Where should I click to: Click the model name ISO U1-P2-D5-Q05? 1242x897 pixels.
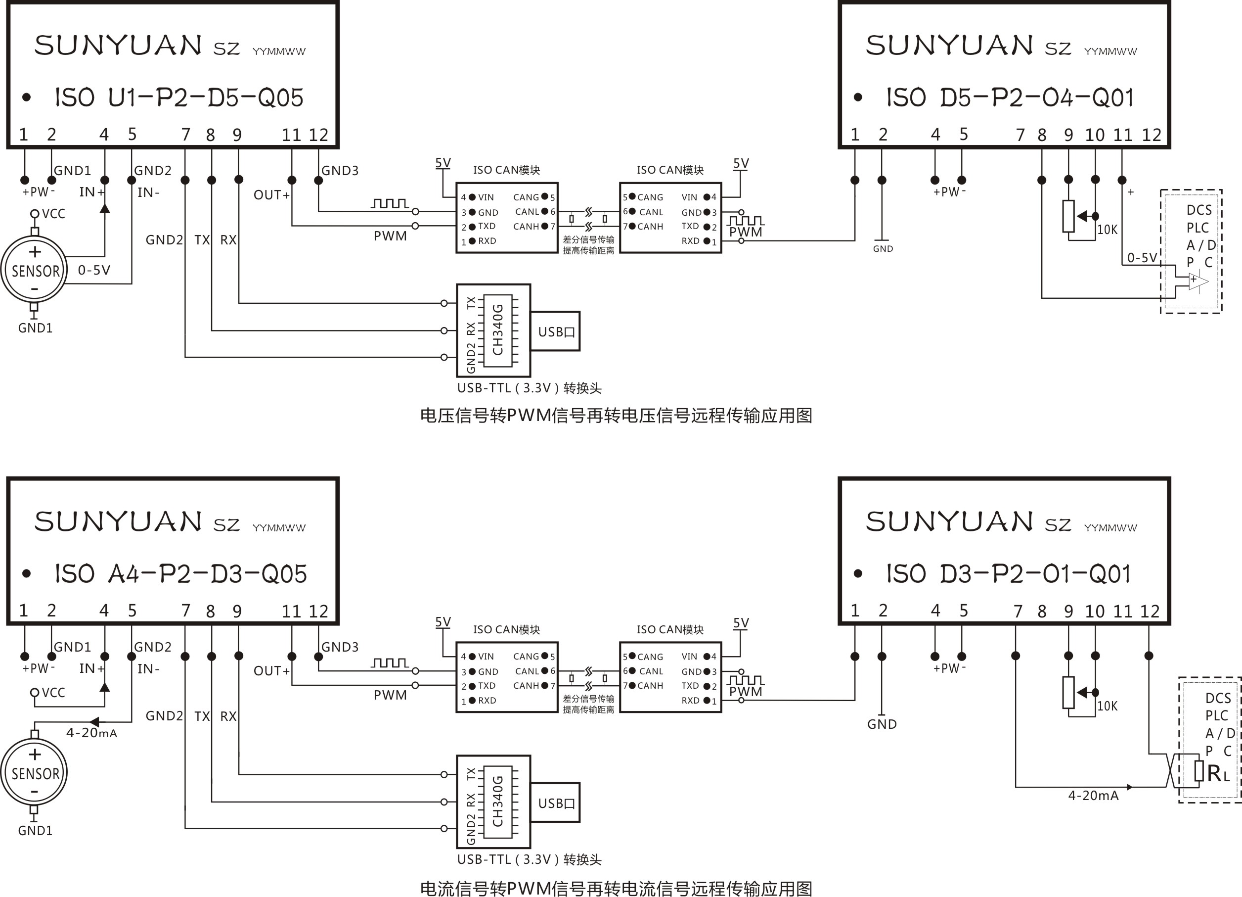178,98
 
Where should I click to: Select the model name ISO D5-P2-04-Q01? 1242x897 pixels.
1009,98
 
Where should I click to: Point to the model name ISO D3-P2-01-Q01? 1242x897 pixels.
1008,574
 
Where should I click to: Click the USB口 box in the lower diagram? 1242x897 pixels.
556,803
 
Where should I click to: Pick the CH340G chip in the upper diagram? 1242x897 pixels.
497,330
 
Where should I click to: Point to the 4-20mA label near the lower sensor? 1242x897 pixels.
91,733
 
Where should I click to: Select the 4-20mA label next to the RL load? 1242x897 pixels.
1093,796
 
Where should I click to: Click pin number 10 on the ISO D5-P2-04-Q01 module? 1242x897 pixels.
1095,135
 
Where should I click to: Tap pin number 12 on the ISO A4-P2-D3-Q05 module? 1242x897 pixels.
318,611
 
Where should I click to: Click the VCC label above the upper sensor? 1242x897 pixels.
53,214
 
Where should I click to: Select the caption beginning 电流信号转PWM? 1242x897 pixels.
616,888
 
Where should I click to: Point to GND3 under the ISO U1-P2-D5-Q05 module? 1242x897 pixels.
340,171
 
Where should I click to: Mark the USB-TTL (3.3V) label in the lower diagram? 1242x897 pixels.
529,859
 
